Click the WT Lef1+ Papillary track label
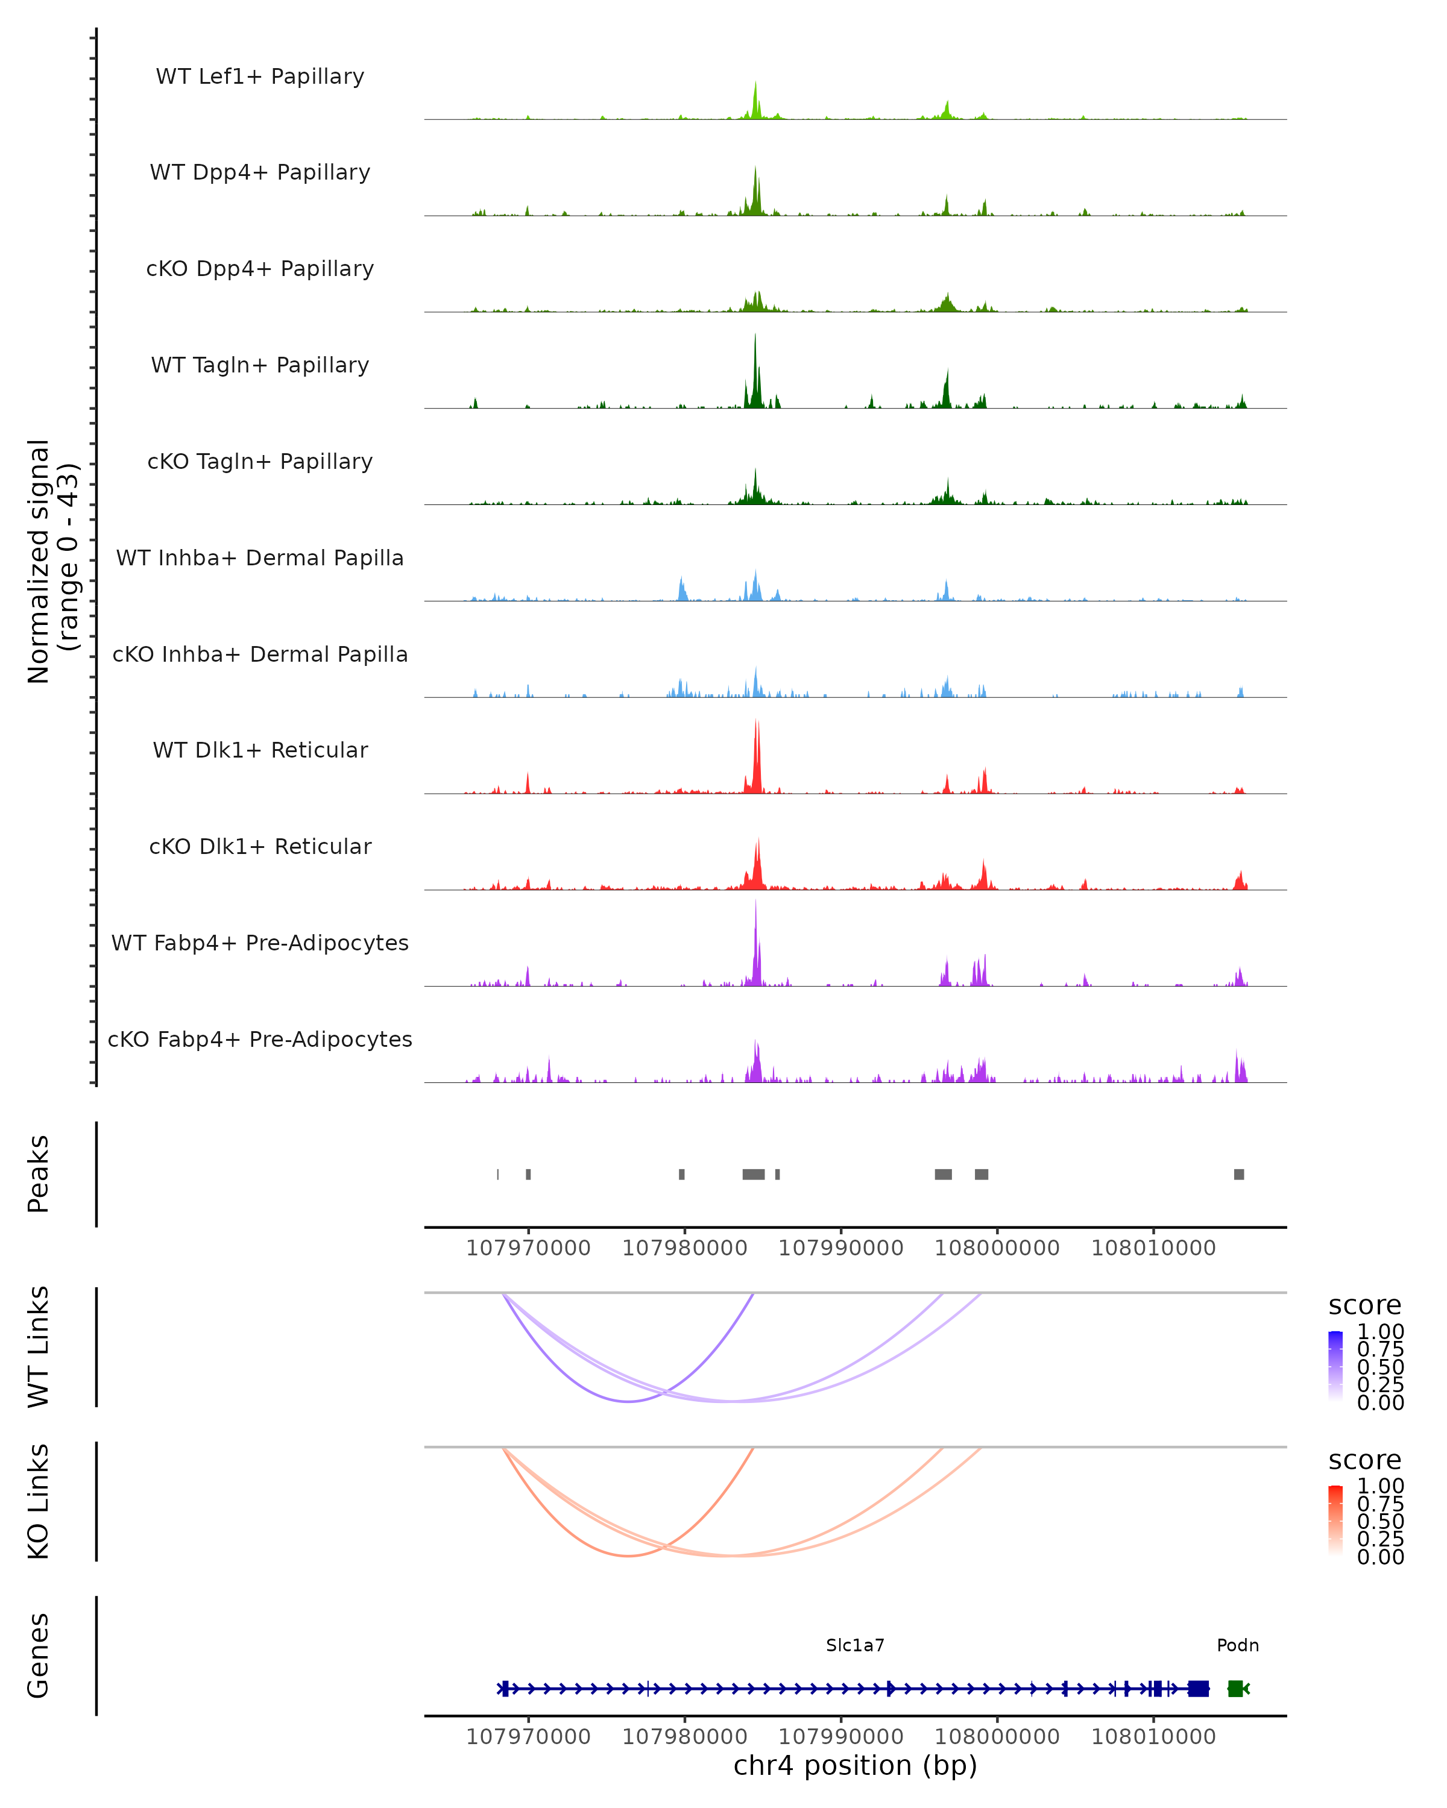(x=260, y=77)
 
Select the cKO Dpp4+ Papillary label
(x=260, y=268)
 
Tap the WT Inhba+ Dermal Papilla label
(x=260, y=557)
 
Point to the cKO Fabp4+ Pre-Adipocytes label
(x=260, y=1039)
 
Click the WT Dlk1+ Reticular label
(x=260, y=750)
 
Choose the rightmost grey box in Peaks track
(x=1239, y=1174)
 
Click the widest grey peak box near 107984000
(x=753, y=1174)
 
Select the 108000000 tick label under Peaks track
(x=997, y=1249)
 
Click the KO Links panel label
(x=39, y=1501)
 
